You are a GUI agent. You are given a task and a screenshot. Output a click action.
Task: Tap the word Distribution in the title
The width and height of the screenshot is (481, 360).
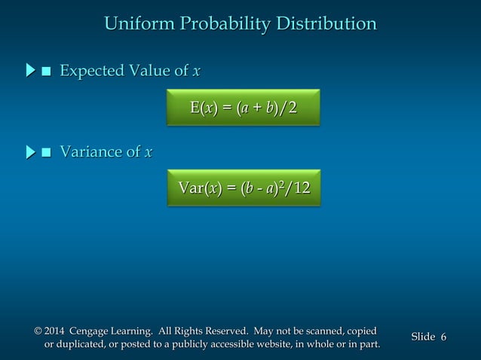(x=327, y=24)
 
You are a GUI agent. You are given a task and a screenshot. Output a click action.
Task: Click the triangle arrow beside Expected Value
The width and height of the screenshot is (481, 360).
(x=30, y=72)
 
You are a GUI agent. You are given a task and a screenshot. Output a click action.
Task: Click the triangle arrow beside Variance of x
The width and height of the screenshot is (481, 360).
(x=30, y=153)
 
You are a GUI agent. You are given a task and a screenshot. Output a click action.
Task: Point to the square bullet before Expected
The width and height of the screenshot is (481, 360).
(x=47, y=72)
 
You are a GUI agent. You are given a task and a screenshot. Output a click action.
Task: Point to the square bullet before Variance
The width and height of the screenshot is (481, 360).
(x=47, y=154)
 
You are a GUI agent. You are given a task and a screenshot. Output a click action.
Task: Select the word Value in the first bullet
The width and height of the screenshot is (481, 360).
(x=149, y=72)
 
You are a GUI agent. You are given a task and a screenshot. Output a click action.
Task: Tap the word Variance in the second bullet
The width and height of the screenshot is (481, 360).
(x=90, y=153)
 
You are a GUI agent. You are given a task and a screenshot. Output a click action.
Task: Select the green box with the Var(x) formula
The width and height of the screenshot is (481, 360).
(x=244, y=188)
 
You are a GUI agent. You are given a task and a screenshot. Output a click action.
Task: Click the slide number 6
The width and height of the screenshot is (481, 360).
(x=443, y=337)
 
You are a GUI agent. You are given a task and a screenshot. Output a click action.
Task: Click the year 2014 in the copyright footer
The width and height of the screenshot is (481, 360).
(x=55, y=331)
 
